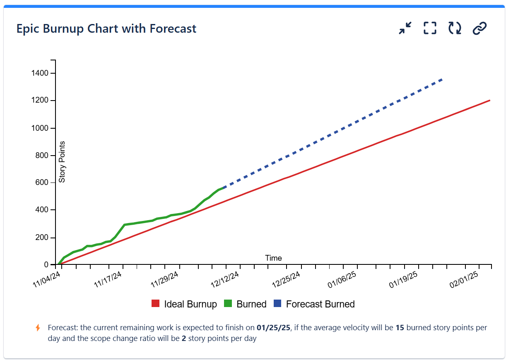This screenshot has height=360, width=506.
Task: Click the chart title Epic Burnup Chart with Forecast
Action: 106,29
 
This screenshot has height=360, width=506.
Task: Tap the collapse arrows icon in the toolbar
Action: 405,28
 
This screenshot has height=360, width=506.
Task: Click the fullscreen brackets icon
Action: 430,28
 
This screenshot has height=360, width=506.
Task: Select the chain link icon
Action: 479,28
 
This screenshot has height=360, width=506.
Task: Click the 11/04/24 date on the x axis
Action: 47,278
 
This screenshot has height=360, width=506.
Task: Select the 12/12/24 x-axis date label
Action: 224,278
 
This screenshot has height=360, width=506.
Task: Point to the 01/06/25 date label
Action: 342,278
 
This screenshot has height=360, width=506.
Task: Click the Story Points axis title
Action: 62,162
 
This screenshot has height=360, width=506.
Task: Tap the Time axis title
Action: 273,258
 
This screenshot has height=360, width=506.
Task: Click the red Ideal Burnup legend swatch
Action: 156,304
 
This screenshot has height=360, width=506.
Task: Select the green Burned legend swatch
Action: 228,304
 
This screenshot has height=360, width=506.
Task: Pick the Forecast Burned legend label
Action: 320,304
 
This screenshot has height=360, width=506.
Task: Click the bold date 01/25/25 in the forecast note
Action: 274,328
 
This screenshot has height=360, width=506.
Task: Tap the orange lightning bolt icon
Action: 38,328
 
